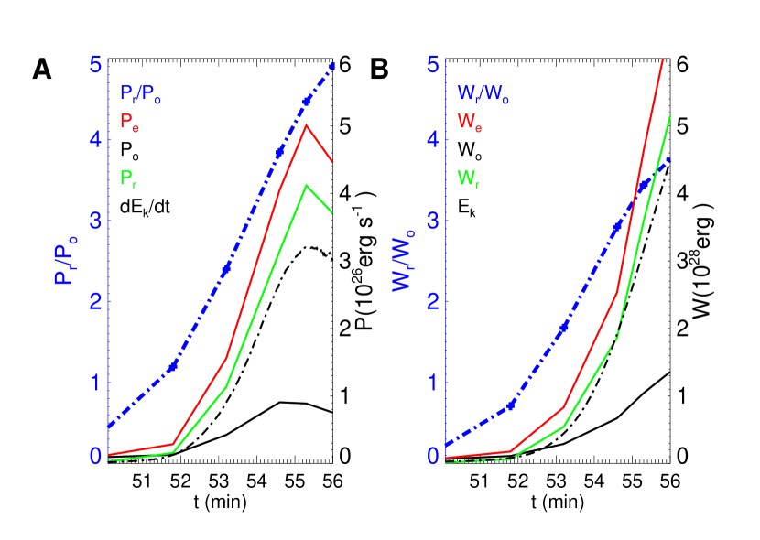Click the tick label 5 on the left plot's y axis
[94, 65]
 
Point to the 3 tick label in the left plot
[94, 221]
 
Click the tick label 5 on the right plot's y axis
[432, 65]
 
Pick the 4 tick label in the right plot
[432, 140]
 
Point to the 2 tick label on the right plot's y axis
[432, 301]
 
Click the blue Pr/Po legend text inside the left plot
[140, 93]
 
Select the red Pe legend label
[129, 122]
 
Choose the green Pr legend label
[127, 178]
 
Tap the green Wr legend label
[468, 178]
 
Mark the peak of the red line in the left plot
[306, 124]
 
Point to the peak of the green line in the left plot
[306, 185]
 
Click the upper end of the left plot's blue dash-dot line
[332, 66]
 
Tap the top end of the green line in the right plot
[670, 116]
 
